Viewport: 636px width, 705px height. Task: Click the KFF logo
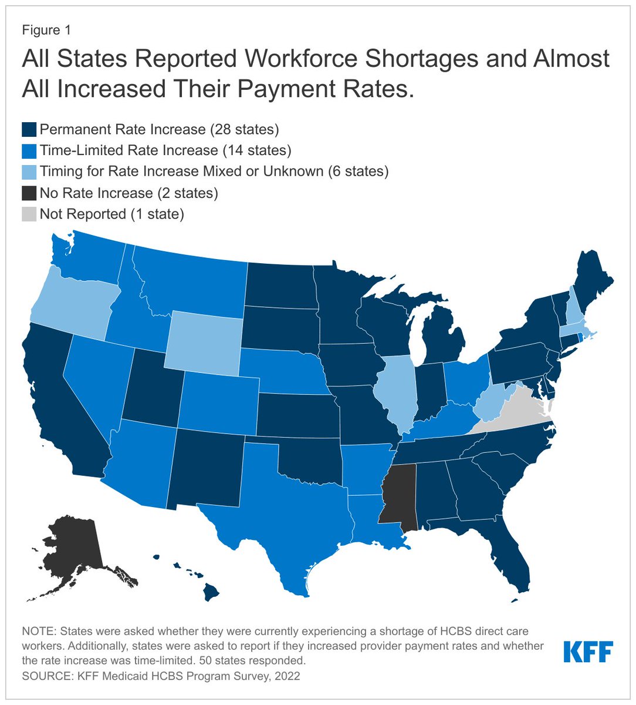tap(588, 652)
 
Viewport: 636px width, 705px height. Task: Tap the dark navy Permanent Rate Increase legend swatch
tap(29, 129)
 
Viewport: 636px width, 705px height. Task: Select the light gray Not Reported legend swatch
tap(29, 214)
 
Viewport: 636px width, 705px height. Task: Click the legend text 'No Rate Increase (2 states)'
tap(128, 193)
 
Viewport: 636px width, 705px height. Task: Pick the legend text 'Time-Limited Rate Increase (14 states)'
tap(165, 150)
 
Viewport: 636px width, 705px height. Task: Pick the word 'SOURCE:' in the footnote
tap(43, 676)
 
